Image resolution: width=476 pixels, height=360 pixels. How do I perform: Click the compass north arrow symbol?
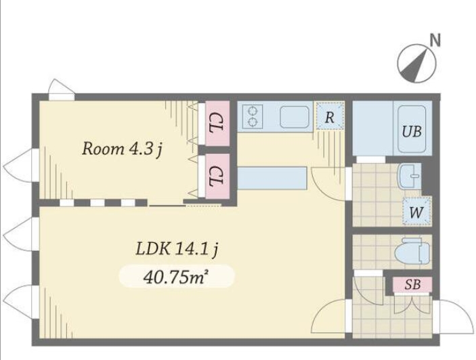416,64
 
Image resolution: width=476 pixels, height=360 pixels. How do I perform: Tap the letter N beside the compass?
435,41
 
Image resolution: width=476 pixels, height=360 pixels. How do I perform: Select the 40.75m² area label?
176,277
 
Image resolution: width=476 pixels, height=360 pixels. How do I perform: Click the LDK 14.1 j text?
177,249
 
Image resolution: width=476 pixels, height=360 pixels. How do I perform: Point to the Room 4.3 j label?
122,150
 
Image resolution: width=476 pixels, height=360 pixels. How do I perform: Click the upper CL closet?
217,123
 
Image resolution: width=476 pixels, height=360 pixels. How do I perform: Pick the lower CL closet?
217,176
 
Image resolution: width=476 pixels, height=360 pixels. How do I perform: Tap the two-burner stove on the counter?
253,116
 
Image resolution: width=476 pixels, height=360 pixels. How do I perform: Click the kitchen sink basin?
294,117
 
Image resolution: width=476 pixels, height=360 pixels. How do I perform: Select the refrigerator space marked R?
330,116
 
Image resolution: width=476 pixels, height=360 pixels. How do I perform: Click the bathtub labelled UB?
412,129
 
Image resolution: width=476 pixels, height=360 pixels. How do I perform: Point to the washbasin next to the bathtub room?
408,176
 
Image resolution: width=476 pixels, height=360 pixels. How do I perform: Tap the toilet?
413,251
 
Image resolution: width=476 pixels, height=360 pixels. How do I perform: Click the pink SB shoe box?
412,284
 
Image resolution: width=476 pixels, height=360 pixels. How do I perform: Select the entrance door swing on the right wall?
454,315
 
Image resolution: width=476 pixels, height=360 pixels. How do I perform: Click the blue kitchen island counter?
272,178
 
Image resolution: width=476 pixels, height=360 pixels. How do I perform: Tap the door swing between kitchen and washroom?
329,184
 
